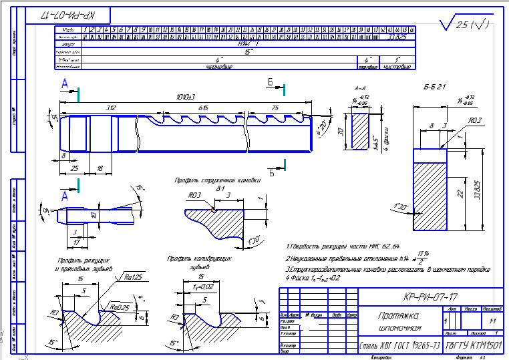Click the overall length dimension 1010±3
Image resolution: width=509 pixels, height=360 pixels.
(175, 98)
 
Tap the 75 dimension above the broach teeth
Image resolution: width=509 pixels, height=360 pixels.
(275, 108)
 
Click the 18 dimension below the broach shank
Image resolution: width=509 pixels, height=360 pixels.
(100, 169)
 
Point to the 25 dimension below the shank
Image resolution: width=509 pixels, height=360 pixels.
(75, 169)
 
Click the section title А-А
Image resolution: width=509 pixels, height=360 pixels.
(361, 87)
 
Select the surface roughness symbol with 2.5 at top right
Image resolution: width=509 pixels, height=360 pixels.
(463, 25)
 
